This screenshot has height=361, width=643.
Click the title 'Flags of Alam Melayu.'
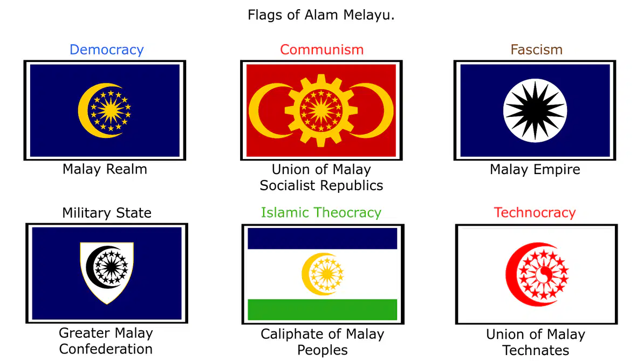click(x=321, y=15)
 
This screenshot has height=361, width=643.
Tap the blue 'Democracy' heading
click(x=107, y=50)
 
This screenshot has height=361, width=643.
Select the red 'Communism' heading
click(x=322, y=50)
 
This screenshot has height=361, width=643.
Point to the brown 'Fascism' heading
click(x=536, y=50)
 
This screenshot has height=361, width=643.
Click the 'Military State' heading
click(x=107, y=213)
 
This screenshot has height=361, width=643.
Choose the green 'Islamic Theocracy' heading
click(x=321, y=212)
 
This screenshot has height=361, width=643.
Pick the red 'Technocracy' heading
click(x=535, y=212)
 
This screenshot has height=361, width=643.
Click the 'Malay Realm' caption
click(x=105, y=169)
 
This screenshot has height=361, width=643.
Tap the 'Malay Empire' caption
click(x=535, y=169)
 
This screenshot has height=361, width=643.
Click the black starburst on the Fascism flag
click(x=535, y=110)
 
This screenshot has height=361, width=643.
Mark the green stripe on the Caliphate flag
click(x=323, y=309)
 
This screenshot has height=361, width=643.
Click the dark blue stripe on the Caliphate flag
click(x=323, y=239)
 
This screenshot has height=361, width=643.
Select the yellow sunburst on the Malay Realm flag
click(x=111, y=110)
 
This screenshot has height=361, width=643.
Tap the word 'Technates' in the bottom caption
click(x=536, y=350)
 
